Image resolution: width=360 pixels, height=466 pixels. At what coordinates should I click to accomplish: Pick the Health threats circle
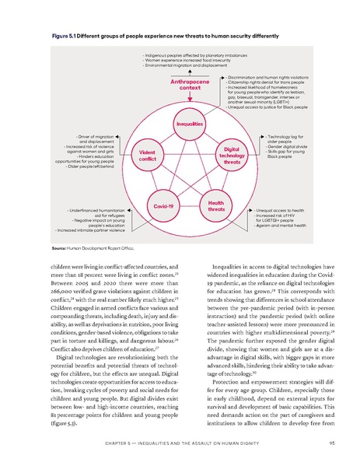click(216, 206)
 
